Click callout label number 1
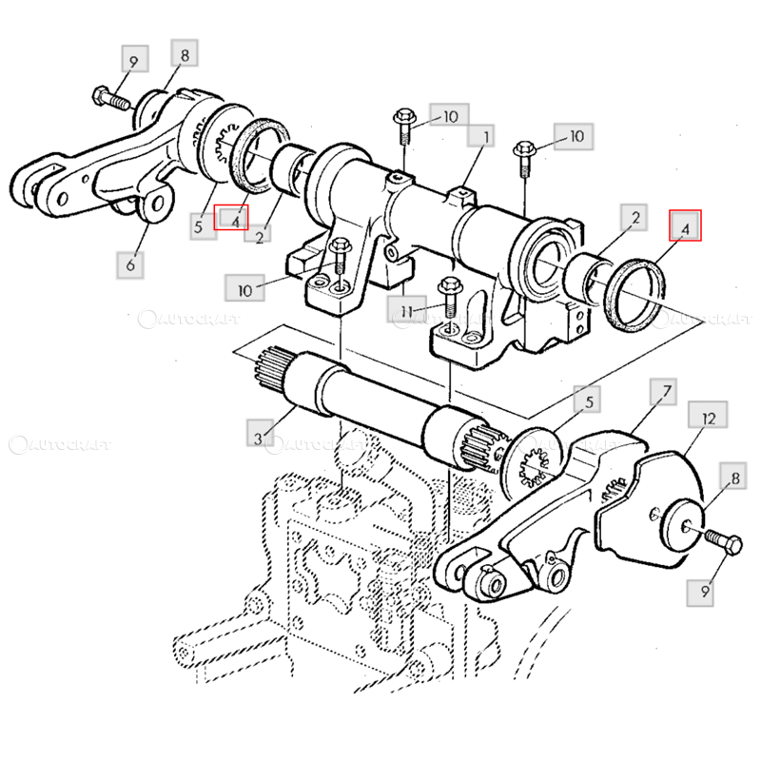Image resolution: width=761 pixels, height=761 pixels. tap(480, 136)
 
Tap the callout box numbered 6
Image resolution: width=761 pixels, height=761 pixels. tap(130, 265)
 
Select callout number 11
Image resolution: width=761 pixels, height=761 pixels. tap(407, 310)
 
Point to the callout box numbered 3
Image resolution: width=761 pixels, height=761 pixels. tap(260, 433)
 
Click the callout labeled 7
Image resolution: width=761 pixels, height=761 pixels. tap(663, 392)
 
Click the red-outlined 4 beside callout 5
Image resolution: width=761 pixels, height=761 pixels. tap(231, 217)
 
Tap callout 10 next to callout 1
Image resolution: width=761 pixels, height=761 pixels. tap(449, 114)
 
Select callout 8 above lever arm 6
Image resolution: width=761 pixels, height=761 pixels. tap(185, 53)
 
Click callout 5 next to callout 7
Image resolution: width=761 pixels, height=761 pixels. tap(587, 400)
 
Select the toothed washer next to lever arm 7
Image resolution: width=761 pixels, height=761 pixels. tap(533, 463)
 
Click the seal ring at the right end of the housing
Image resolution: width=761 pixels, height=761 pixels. tap(634, 296)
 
